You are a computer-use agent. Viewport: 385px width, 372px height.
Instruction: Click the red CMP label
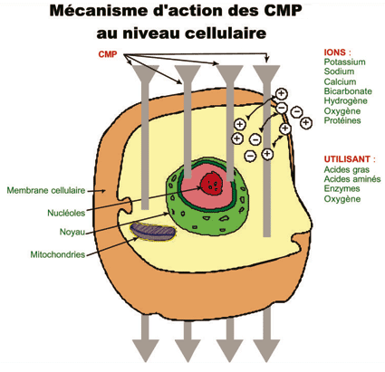point(109,55)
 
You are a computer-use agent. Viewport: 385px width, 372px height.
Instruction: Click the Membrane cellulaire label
point(45,191)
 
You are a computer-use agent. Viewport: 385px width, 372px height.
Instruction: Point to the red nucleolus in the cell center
point(212,184)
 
